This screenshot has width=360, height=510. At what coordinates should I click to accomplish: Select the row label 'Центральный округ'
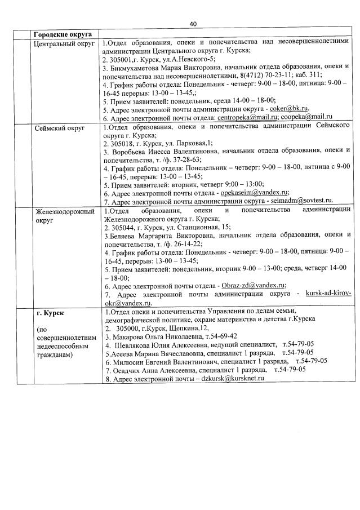pos(63,43)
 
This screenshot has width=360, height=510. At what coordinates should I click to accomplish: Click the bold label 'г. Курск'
pos(50,312)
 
